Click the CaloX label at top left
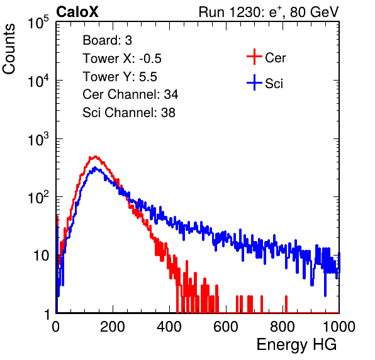tap(77, 12)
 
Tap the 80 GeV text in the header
tap(315, 12)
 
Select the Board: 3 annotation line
tap(107, 40)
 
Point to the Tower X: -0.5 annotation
tap(122, 59)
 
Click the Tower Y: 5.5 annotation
tap(120, 77)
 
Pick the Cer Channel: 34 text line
tap(130, 94)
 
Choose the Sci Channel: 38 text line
tap(129, 113)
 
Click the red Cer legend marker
tap(254, 57)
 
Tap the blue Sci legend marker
tap(254, 82)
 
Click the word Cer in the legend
tap(275, 58)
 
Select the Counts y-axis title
tap(9, 48)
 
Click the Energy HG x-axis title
tap(296, 345)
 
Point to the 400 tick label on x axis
tap(169, 327)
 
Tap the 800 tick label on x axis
tap(283, 327)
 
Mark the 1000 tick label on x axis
tap(339, 327)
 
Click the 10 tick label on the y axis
tap(41, 256)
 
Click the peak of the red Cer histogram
tap(96, 157)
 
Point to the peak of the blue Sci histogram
tap(95, 167)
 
